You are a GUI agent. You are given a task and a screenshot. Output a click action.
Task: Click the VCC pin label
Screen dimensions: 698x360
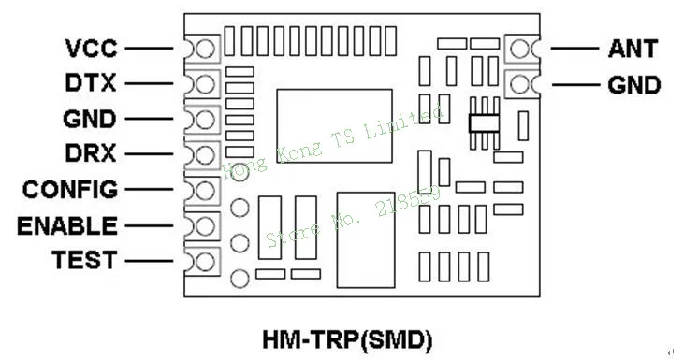coord(92,48)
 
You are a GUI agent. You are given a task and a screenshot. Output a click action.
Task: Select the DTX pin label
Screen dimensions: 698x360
coord(91,83)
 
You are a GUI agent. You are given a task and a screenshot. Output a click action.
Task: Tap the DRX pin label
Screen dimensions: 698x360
coord(91,153)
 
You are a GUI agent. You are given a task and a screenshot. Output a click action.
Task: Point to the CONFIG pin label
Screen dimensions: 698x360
coord(70,189)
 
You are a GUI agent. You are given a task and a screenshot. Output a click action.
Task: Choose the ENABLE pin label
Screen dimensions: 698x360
coord(67,225)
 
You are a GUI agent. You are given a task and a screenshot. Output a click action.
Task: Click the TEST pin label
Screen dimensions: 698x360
coord(84,260)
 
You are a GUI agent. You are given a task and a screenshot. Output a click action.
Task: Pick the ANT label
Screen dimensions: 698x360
coord(633,49)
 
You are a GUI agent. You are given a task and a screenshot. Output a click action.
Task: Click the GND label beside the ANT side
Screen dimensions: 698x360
coord(633,85)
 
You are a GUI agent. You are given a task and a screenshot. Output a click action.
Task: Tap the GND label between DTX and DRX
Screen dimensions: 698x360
coord(90,119)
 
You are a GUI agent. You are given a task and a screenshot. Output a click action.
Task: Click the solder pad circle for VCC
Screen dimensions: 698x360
coord(205,49)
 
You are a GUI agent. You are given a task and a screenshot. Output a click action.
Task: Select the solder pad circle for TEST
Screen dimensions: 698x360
coord(205,262)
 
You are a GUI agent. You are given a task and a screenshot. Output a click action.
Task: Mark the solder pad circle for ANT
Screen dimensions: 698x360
coord(519,49)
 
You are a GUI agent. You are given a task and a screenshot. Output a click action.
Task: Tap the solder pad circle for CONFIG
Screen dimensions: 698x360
coord(205,191)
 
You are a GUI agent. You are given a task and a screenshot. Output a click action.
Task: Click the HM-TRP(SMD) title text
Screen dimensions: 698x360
coord(347,340)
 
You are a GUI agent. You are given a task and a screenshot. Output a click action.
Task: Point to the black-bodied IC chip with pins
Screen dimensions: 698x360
coord(484,123)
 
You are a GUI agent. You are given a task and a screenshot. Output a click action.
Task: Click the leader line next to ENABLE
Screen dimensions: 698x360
coord(149,225)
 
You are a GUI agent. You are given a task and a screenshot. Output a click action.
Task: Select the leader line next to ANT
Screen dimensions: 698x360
coord(574,48)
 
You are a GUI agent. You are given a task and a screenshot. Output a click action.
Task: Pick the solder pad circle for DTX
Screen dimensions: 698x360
coord(205,84)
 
